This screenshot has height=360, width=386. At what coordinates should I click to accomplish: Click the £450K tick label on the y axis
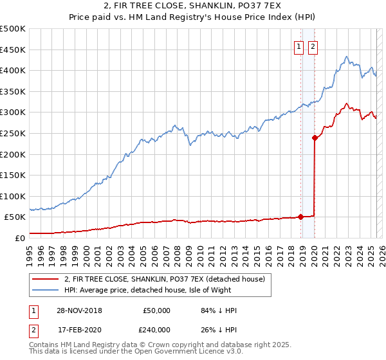click(x=13, y=50)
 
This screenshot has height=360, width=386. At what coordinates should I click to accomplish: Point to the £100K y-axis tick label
click(x=13, y=196)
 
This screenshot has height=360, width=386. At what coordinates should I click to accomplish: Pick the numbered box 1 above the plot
click(x=300, y=46)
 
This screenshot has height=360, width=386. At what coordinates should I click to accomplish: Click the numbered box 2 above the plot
click(x=313, y=46)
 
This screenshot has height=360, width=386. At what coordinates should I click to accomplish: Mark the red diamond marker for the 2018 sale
click(x=301, y=217)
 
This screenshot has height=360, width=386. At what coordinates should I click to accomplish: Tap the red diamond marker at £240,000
click(x=315, y=137)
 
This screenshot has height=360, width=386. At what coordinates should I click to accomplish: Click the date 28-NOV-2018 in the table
click(x=78, y=310)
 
